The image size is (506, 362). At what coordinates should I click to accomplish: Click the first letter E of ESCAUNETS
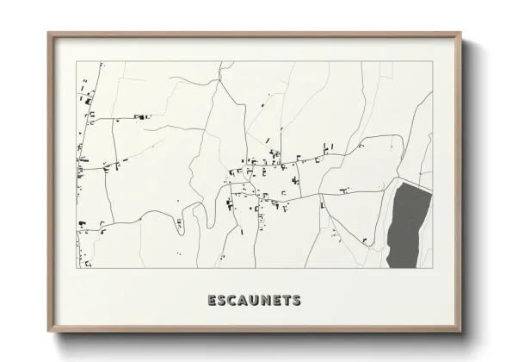coord(212,301)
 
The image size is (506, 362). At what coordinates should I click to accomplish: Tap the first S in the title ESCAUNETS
coord(222,301)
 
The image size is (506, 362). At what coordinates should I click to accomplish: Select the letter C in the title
coord(233,301)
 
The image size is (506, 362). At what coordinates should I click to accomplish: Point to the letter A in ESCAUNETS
coord(244,301)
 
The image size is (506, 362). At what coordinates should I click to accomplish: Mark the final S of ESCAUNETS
coord(297,301)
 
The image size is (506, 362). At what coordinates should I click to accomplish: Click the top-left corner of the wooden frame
coord(48,33)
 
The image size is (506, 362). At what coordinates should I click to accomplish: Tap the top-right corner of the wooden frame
coord(462,33)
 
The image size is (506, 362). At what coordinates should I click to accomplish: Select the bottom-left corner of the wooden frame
coord(48,332)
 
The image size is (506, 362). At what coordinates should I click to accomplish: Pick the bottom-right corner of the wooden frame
coord(462,332)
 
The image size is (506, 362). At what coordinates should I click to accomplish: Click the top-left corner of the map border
coord(77,61)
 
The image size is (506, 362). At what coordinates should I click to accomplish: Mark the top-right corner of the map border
coord(432,61)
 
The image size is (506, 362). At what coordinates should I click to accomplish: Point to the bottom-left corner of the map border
coord(77,268)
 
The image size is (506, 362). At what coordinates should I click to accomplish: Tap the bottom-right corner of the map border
coord(432,268)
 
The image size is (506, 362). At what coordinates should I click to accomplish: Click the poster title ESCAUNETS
coord(254,301)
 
